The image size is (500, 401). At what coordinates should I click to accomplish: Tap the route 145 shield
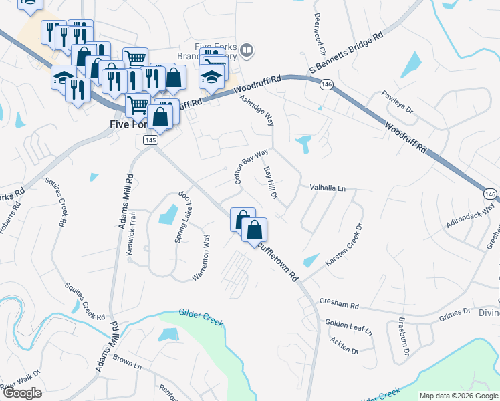point(150,139)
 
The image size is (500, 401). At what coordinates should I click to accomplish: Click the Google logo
point(22,393)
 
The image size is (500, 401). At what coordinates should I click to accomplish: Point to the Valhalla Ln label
point(327,189)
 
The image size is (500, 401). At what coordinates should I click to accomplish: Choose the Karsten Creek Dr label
point(343,245)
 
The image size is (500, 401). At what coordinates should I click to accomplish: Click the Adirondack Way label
point(471,219)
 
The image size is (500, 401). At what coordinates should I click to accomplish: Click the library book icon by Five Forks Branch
point(247,49)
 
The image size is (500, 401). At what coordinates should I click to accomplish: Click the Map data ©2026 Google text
point(459,396)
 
